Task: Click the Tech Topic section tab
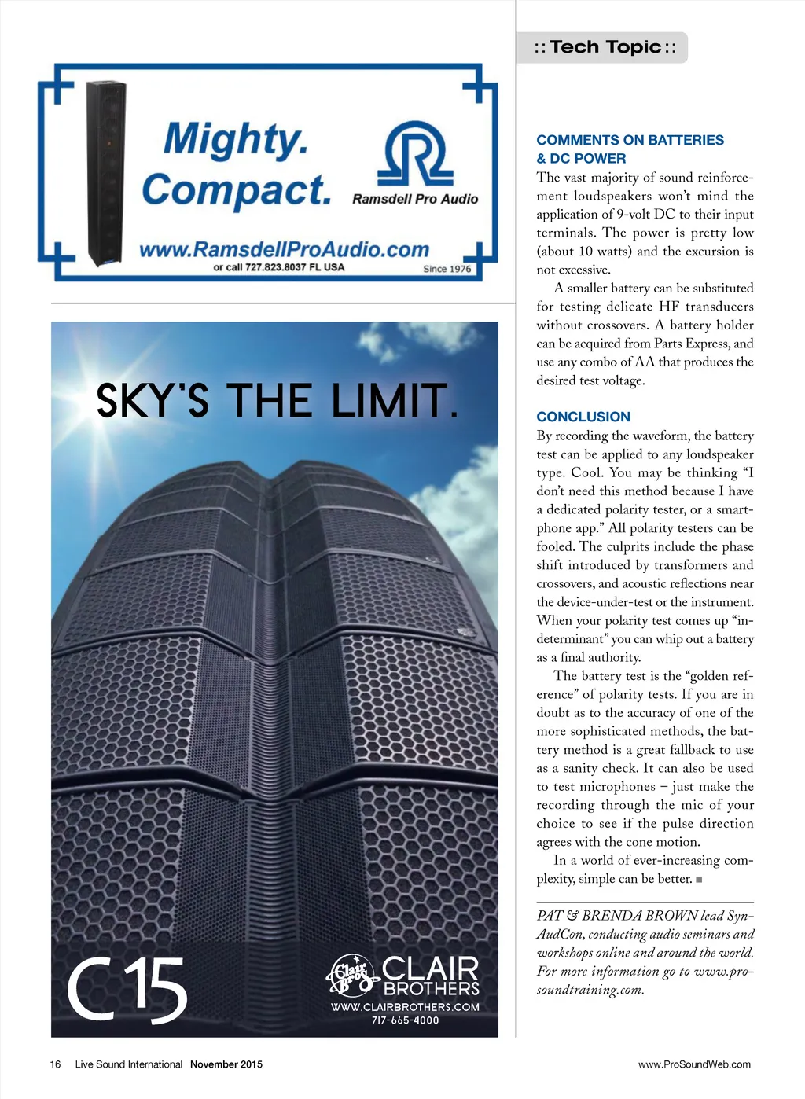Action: [x=604, y=47]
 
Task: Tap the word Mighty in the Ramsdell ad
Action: [x=235, y=139]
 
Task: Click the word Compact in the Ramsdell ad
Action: [x=235, y=189]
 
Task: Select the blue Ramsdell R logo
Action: [x=414, y=153]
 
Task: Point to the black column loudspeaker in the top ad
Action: [x=105, y=173]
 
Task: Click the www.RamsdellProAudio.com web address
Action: [x=284, y=250]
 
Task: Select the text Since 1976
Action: [x=447, y=269]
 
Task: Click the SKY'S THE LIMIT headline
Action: [x=276, y=401]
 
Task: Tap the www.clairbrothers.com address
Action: [x=405, y=1007]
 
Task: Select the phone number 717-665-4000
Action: [x=405, y=1020]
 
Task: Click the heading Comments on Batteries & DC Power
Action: [x=630, y=149]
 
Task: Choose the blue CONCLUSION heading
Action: [x=583, y=417]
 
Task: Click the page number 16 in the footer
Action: [x=55, y=1064]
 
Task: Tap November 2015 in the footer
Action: [x=226, y=1064]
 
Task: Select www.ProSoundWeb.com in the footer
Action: [x=694, y=1064]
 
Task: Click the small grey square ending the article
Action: [x=699, y=880]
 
